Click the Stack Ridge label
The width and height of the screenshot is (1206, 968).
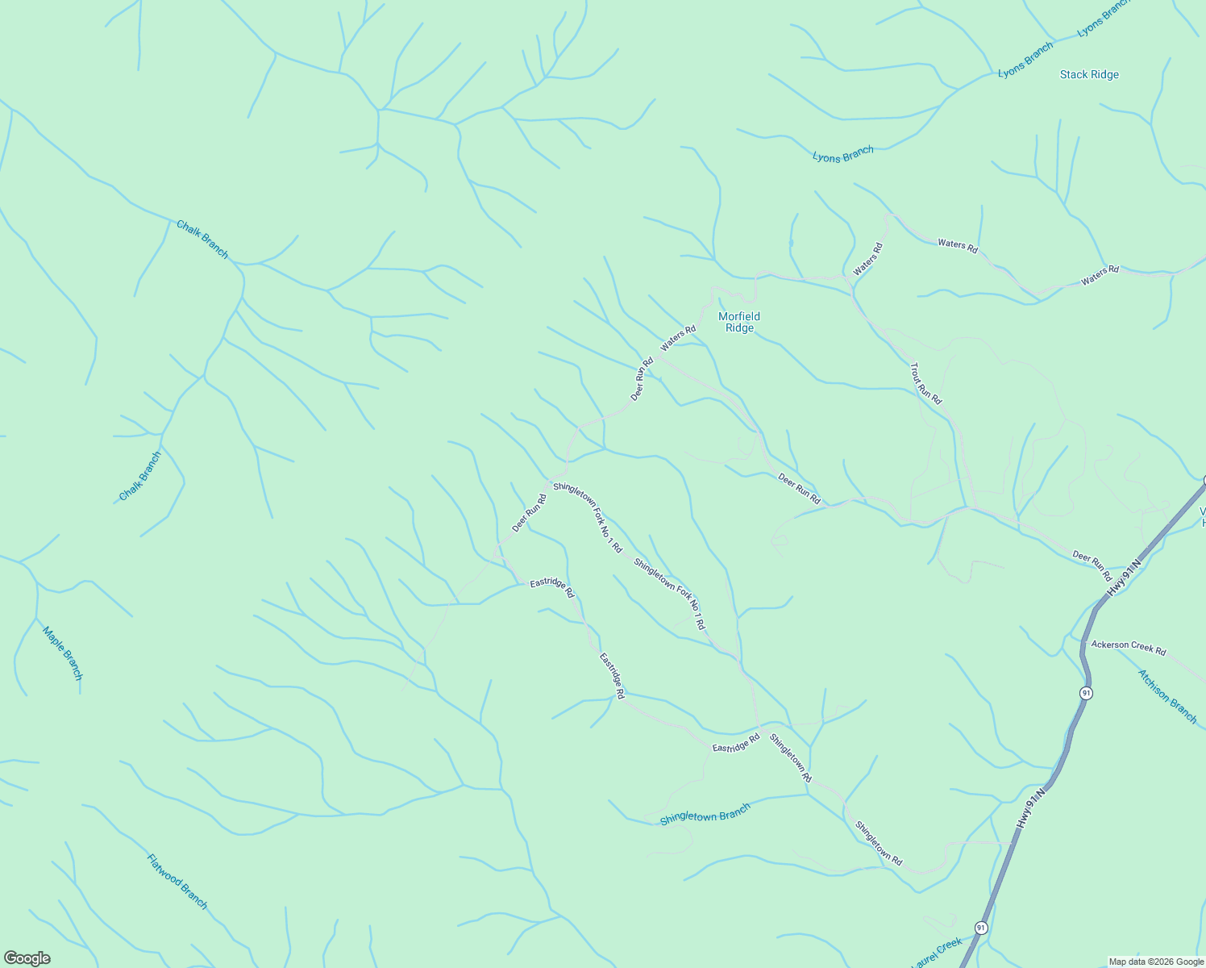[1089, 74]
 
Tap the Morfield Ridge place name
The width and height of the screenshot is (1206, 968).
[739, 322]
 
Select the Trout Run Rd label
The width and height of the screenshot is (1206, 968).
[925, 383]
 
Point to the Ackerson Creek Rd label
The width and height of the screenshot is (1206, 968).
[1128, 647]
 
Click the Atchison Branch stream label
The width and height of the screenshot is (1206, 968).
[1167, 696]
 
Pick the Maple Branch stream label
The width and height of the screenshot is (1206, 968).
[63, 653]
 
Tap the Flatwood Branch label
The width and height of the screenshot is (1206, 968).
[177, 881]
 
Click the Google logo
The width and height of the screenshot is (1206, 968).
[27, 958]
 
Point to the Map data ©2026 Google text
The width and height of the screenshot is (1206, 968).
[1156, 962]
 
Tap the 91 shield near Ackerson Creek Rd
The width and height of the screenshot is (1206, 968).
[1087, 693]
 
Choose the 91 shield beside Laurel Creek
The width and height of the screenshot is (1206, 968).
[980, 928]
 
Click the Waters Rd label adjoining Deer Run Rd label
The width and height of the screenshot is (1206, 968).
[677, 338]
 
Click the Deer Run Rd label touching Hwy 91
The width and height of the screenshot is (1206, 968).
[1092, 565]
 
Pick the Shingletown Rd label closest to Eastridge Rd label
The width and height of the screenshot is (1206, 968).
[791, 757]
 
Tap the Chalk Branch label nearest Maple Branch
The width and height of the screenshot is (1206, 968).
[140, 476]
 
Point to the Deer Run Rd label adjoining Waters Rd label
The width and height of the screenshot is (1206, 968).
[642, 379]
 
